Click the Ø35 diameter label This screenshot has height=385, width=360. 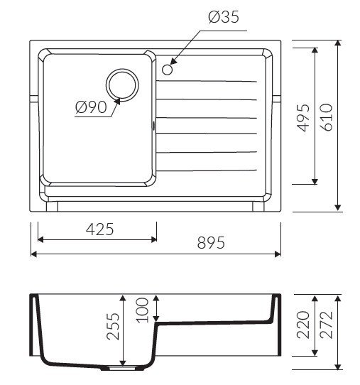[x=223, y=17]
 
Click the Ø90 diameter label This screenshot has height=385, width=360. [x=91, y=107]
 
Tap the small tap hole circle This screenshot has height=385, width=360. [x=168, y=70]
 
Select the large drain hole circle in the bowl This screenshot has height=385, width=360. [x=122, y=85]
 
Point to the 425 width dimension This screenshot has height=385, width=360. [x=100, y=229]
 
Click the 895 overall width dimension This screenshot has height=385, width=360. [x=211, y=243]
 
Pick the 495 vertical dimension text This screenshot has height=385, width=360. [x=303, y=118]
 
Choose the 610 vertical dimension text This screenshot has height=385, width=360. [x=327, y=117]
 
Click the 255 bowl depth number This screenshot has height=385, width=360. [x=113, y=326]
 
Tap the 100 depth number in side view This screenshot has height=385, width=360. [x=142, y=310]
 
